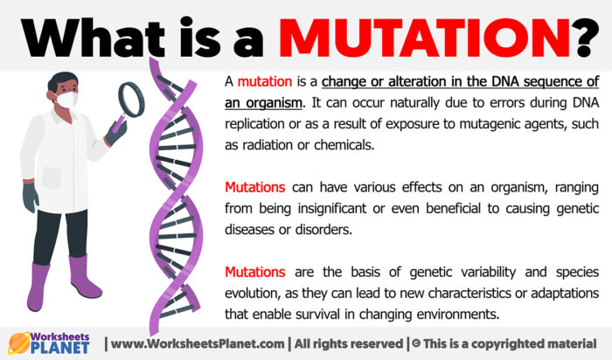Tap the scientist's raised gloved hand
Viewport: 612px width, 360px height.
116,131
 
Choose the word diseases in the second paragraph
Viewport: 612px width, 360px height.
254,230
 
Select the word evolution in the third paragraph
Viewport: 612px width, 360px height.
254,293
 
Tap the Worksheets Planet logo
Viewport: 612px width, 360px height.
49,342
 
